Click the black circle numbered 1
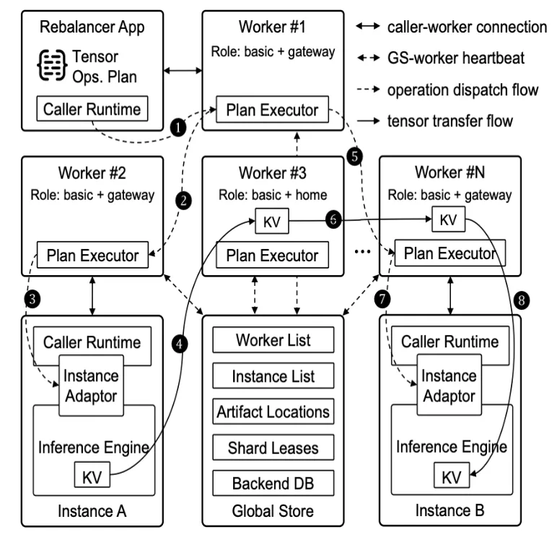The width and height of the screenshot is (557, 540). (178, 128)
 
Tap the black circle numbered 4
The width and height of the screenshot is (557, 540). (180, 344)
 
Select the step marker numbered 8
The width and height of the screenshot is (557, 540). (522, 300)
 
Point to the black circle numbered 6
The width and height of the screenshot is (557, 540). (333, 219)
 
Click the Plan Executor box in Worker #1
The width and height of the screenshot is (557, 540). (273, 110)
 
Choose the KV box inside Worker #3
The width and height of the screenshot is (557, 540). (272, 221)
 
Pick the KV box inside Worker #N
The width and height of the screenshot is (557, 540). (448, 219)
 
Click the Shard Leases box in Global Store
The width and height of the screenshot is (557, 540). (273, 447)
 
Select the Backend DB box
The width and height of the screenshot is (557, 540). (273, 483)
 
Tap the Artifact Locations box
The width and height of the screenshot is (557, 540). (273, 411)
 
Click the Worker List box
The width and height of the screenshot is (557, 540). (273, 340)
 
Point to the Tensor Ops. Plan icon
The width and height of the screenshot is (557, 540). (52, 66)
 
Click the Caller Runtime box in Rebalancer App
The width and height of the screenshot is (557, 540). (92, 108)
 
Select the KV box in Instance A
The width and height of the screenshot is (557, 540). (92, 474)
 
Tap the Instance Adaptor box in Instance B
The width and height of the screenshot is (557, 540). (449, 385)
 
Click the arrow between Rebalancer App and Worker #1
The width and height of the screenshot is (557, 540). (183, 71)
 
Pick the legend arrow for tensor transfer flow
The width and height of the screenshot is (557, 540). (368, 121)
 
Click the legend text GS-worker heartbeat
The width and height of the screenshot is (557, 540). (456, 58)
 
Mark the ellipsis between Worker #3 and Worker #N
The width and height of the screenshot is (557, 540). (362, 252)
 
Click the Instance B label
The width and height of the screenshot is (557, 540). (449, 510)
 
